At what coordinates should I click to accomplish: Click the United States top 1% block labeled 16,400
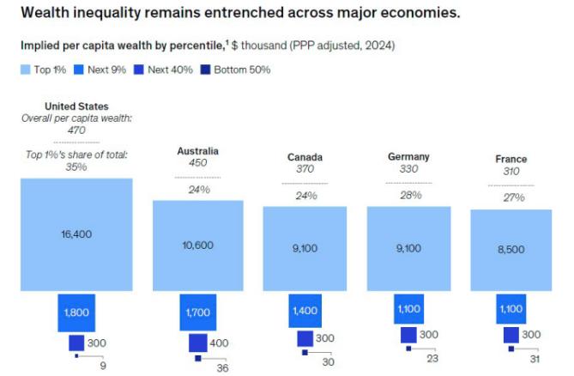pos(76,233)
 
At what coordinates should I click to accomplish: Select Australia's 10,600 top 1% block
pos(197,245)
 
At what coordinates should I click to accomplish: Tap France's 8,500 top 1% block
pos(511,250)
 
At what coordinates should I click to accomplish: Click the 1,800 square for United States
pos(76,312)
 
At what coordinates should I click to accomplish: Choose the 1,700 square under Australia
pos(197,312)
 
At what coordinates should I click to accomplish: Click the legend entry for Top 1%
pos(41,70)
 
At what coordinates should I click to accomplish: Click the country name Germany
pos(408,157)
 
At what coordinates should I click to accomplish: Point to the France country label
pos(511,159)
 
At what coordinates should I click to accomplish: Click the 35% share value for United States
pos(76,167)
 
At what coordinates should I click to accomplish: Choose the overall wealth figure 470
pos(76,130)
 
